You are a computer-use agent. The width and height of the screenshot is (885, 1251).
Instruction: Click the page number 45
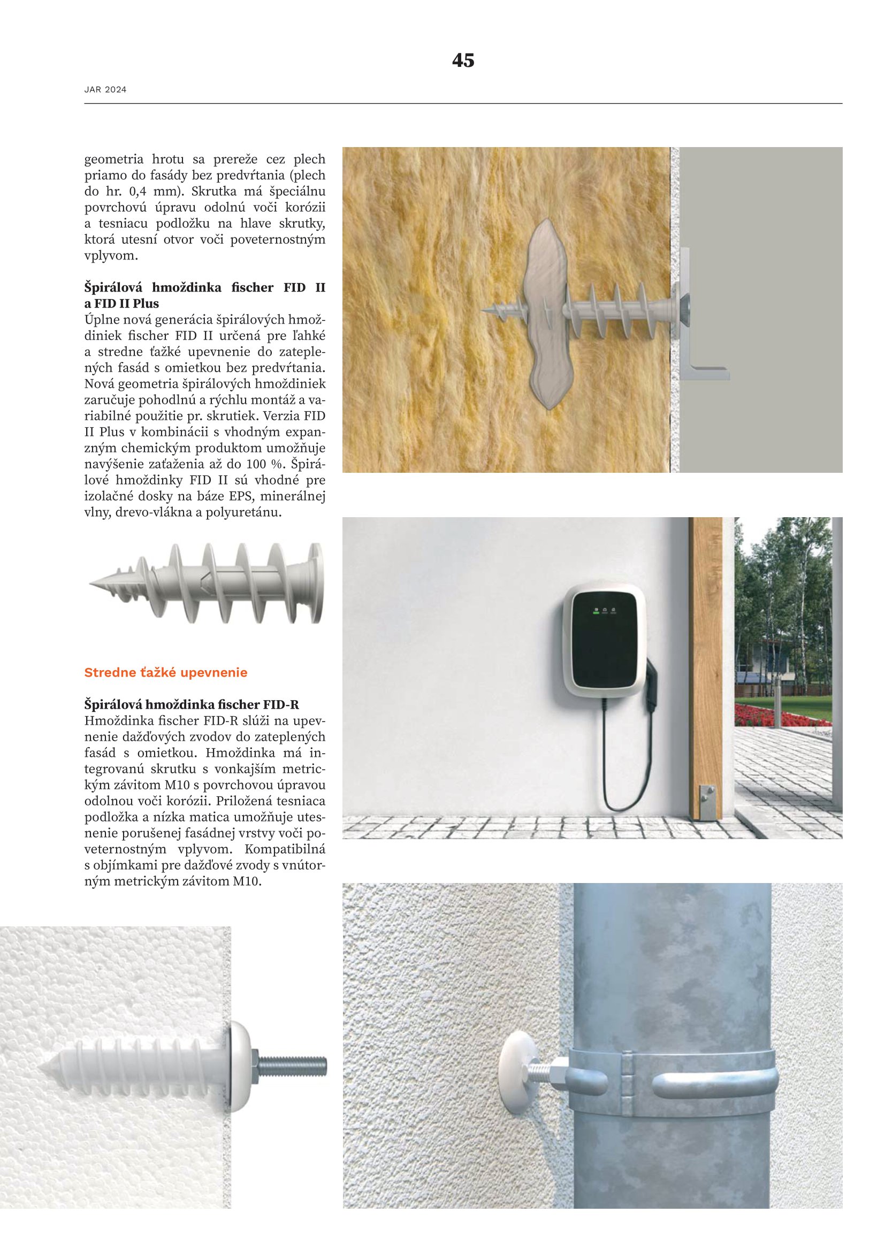[463, 60]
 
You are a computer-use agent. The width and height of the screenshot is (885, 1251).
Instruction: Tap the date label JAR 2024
[105, 89]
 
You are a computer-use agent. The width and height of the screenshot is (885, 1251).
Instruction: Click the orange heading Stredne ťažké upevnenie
[166, 672]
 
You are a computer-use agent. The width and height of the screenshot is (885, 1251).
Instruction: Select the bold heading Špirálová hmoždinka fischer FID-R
[191, 704]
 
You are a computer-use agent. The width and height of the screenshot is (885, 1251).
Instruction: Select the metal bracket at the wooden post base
[707, 803]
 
